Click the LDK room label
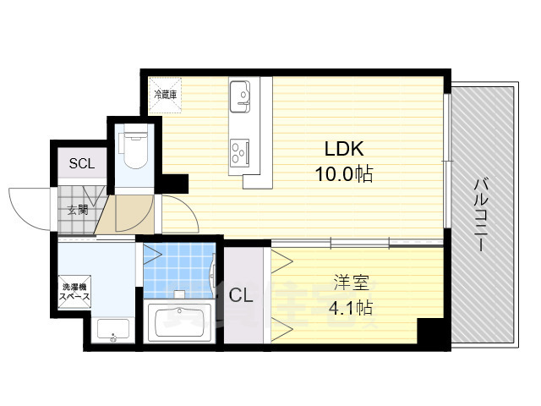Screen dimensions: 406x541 coord(344,149)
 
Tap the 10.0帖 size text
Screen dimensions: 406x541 coord(344,174)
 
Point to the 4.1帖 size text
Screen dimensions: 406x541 coord(350,307)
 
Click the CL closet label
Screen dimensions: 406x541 coord(242,295)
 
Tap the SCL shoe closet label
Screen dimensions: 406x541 coord(82,163)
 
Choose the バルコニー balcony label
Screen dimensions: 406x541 coord(482,213)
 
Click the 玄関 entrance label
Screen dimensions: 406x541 coord(77,210)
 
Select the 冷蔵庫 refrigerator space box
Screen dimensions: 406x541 coord(165,95)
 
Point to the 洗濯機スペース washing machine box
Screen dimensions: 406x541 coord(74,293)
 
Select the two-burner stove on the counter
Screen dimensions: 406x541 coord(238,151)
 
